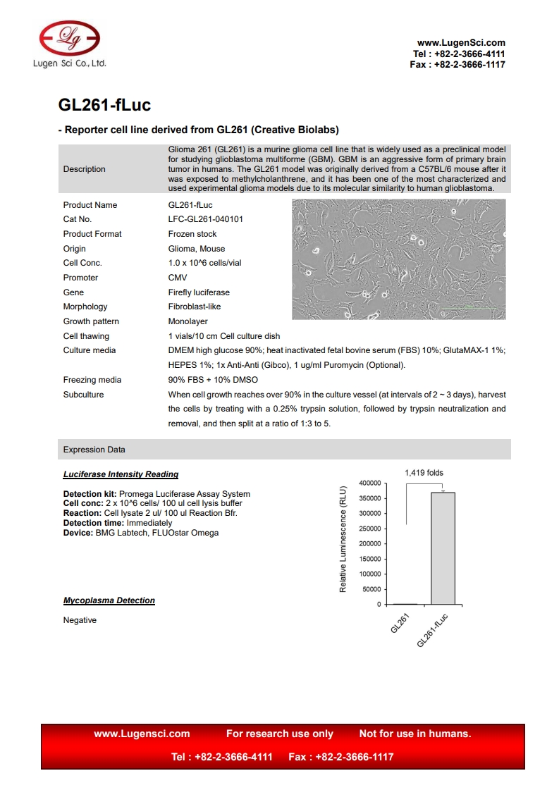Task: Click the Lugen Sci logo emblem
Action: pos(70,37)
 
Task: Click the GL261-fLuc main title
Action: pos(104,106)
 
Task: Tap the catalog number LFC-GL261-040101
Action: pos(206,219)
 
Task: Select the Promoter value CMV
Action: pos(178,278)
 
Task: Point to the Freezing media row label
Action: pos(92,380)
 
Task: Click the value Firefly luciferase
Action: pos(199,292)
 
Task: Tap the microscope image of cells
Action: pos(398,259)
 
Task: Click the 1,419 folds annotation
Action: pos(424,473)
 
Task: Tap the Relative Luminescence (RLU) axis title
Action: pos(343,539)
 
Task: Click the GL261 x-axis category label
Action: pos(400,624)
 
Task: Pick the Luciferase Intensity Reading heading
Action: pos(121,474)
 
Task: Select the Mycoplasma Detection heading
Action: pos(109,600)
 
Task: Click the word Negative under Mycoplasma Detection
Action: pos(80,620)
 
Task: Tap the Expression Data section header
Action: pos(94,450)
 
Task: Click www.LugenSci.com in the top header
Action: pos(461,43)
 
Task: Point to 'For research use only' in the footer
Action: pos(280,734)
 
